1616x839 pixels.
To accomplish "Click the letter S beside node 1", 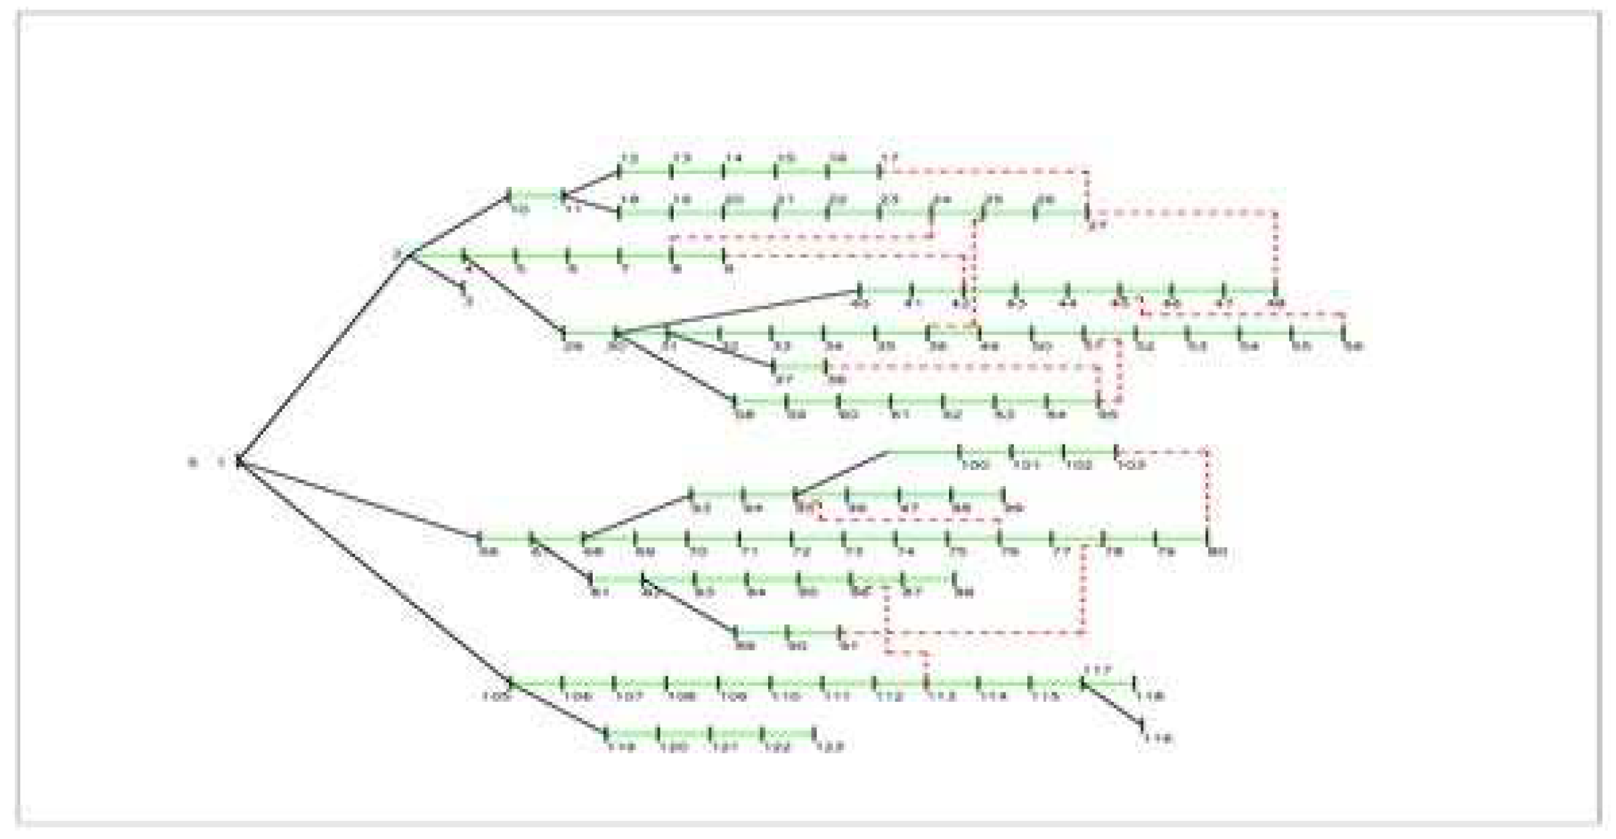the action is tap(192, 463).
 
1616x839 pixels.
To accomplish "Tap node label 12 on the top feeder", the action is tap(629, 159).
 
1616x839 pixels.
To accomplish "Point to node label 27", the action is tap(1096, 226).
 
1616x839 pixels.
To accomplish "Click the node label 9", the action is tap(729, 269).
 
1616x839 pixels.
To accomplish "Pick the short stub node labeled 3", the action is tap(469, 301).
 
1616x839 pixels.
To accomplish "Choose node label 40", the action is tap(859, 304).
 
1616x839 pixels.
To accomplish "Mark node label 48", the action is tap(1276, 304).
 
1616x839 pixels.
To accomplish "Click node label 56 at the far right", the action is tap(1353, 346).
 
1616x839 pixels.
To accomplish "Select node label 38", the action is tap(836, 380).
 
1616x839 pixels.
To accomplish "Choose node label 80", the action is tap(1217, 552).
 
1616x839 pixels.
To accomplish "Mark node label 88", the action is tap(963, 593).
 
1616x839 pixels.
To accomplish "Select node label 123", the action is tap(828, 747).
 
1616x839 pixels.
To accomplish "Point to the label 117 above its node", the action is tap(1097, 670).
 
